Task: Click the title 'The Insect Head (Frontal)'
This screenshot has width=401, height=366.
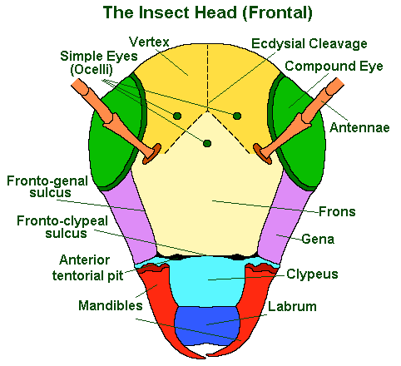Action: [x=208, y=12]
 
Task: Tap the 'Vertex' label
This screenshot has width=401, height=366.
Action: [x=149, y=42]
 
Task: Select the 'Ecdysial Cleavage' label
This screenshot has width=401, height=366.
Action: [x=309, y=44]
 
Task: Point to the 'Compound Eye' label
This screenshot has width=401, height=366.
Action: [x=334, y=67]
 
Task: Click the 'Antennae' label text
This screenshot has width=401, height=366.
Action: [x=359, y=127]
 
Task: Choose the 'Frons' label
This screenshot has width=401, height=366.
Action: [x=337, y=211]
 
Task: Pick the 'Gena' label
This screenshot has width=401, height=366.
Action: [x=318, y=239]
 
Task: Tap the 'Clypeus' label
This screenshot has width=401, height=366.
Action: [x=312, y=274]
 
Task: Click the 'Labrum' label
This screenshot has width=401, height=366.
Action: [x=292, y=306]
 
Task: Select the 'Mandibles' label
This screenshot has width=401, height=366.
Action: [x=111, y=305]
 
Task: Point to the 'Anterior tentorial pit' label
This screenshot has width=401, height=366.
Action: [x=87, y=268]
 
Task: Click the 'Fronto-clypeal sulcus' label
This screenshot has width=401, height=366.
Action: [x=62, y=227]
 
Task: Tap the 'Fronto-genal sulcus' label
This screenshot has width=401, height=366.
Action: [x=47, y=186]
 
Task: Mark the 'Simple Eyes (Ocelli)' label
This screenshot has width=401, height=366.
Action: [x=99, y=63]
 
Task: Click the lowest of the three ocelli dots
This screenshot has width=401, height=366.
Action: [x=207, y=143]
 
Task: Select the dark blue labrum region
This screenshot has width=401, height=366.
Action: [x=207, y=326]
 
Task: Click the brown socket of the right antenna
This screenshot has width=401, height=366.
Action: [x=262, y=154]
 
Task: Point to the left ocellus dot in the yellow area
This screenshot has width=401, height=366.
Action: [x=177, y=116]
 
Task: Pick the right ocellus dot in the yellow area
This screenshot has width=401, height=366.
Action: [x=237, y=116]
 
